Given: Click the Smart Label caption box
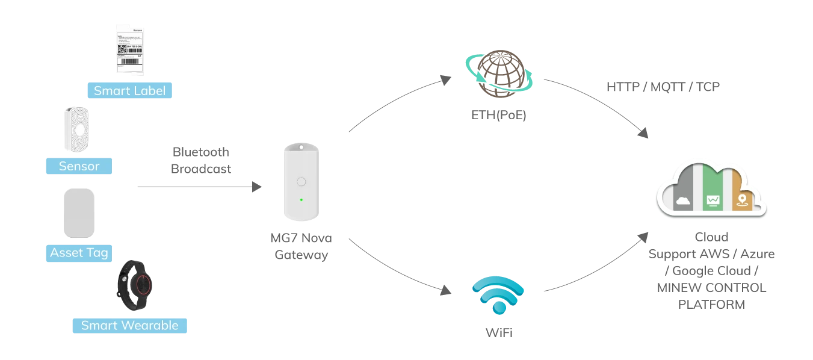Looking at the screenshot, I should (x=129, y=91).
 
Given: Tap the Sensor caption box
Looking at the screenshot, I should (x=79, y=166).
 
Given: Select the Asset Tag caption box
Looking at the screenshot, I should (x=79, y=253).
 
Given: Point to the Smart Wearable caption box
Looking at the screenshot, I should (x=129, y=326).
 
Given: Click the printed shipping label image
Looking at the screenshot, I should (x=131, y=51).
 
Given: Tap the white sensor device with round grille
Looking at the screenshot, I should (x=78, y=128).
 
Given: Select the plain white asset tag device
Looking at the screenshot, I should (x=79, y=214).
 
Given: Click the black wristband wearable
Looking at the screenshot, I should (x=135, y=285).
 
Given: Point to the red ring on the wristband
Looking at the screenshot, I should (x=143, y=284).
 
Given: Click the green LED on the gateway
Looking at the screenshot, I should (x=301, y=200).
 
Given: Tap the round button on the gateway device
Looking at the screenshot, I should (x=301, y=181).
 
